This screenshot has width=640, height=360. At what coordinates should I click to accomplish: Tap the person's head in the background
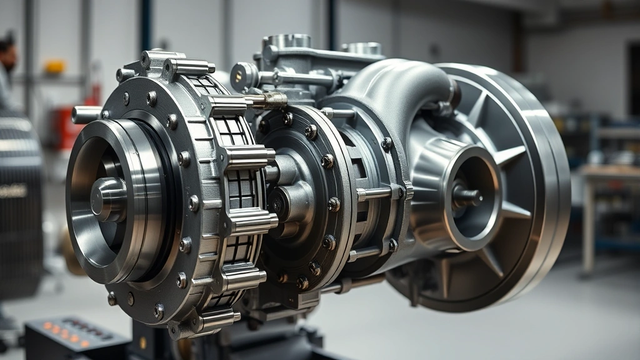tap(7, 53)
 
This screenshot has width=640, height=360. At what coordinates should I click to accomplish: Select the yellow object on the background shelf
tap(55, 67)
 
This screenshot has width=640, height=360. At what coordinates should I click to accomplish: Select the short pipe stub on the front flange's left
tap(85, 114)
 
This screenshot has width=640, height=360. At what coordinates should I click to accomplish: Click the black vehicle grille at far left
tap(19, 200)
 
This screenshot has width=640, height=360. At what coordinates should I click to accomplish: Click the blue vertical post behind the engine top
tap(146, 25)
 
